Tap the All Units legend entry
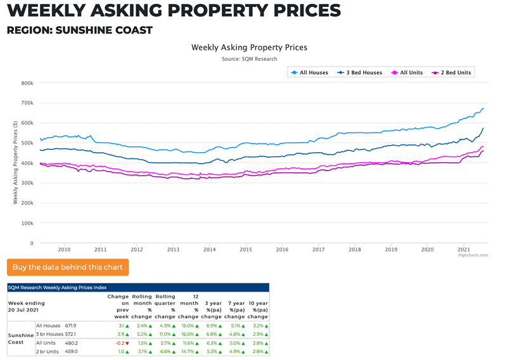click(x=408, y=73)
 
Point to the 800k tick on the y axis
click(x=27, y=83)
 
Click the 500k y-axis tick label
click(x=27, y=143)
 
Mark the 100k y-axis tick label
click(x=27, y=223)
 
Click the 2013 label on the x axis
click(x=173, y=250)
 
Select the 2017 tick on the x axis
click(x=318, y=250)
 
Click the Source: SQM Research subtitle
click(x=249, y=59)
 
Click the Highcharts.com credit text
click(x=473, y=255)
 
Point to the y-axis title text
click(x=15, y=163)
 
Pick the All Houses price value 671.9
click(x=71, y=325)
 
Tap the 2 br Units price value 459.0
click(x=71, y=350)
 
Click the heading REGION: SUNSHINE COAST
click(x=79, y=30)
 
